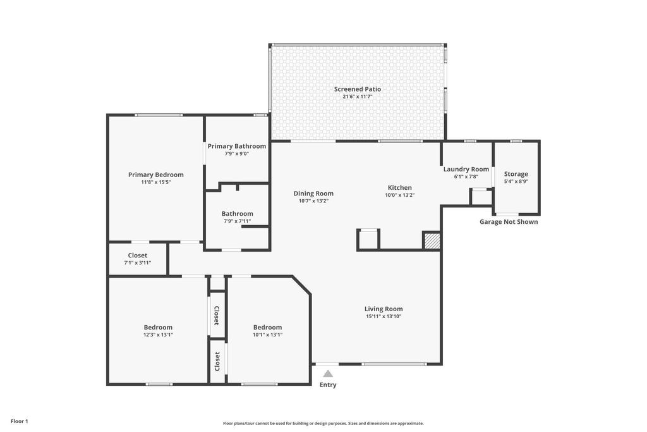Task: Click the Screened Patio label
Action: tap(358, 89)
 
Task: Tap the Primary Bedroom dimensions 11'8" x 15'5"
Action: tap(155, 182)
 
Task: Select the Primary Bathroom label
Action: tap(237, 146)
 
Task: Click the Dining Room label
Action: tap(313, 194)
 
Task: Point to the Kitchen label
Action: tap(399, 188)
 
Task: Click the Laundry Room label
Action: tap(466, 169)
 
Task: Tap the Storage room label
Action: tap(516, 174)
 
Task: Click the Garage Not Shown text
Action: tap(509, 222)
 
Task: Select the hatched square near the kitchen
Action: tap(431, 241)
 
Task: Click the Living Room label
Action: tap(384, 309)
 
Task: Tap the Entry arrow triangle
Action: tap(328, 374)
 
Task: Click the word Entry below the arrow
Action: tap(328, 385)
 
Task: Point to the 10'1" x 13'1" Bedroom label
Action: tap(267, 327)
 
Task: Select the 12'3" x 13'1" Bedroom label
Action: tap(158, 327)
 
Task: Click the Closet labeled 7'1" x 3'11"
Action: tap(137, 256)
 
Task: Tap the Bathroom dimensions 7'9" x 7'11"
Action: tap(237, 221)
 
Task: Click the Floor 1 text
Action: tap(20, 421)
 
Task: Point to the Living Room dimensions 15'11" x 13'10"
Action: tap(384, 316)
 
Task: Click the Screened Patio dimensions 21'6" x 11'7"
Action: tap(358, 97)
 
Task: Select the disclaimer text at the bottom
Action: tap(323, 423)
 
